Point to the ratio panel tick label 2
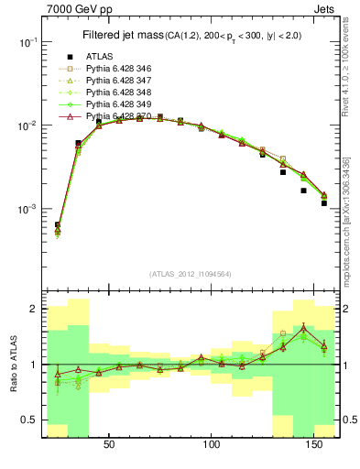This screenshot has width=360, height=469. tap(33, 310)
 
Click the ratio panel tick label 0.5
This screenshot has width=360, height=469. tap(29, 420)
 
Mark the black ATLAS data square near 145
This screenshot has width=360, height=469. tap(303, 191)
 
